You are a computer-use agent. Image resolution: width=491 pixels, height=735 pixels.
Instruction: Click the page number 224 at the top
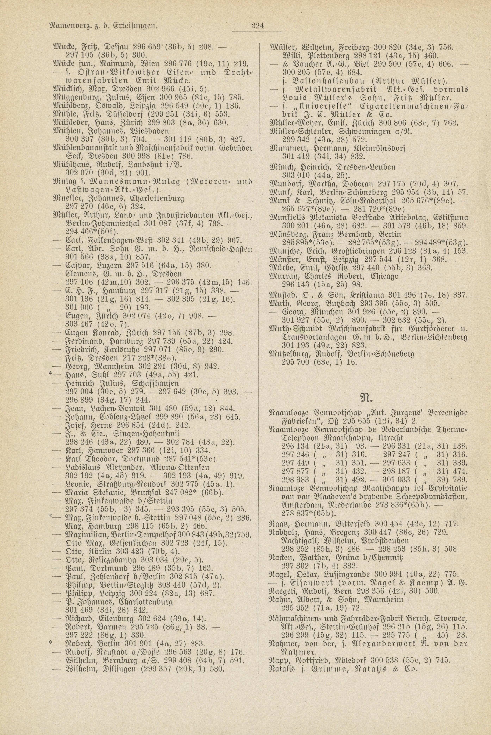pos(257,26)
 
